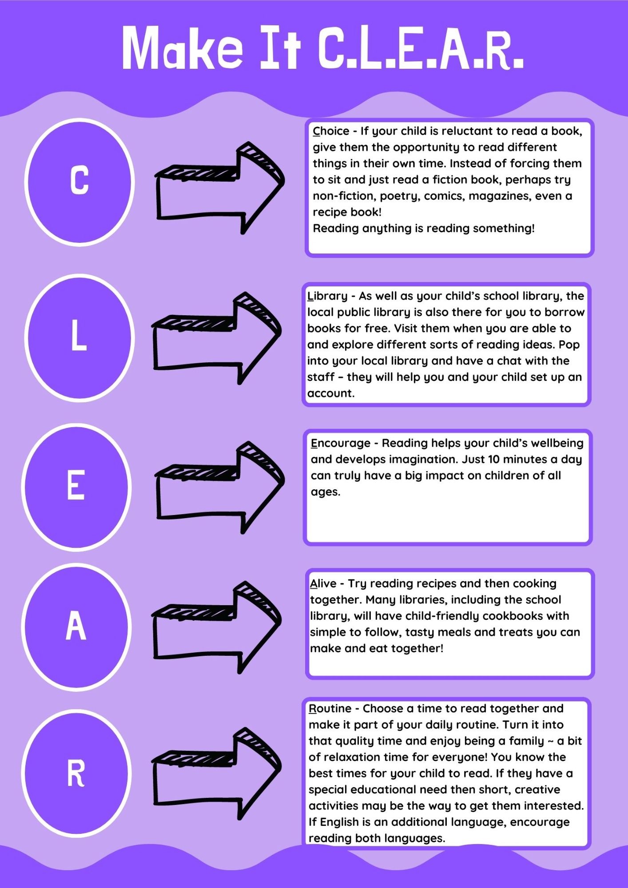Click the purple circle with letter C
tap(79, 182)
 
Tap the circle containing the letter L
tap(79, 338)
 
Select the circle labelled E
tap(76, 487)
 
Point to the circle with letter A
tap(76, 627)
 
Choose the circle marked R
tap(76, 773)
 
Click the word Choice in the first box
tap(331, 131)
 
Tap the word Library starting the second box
tap(327, 296)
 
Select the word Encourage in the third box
tap(341, 444)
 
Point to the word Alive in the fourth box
tap(323, 583)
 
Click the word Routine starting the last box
tap(330, 709)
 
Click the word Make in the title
tap(183, 48)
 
